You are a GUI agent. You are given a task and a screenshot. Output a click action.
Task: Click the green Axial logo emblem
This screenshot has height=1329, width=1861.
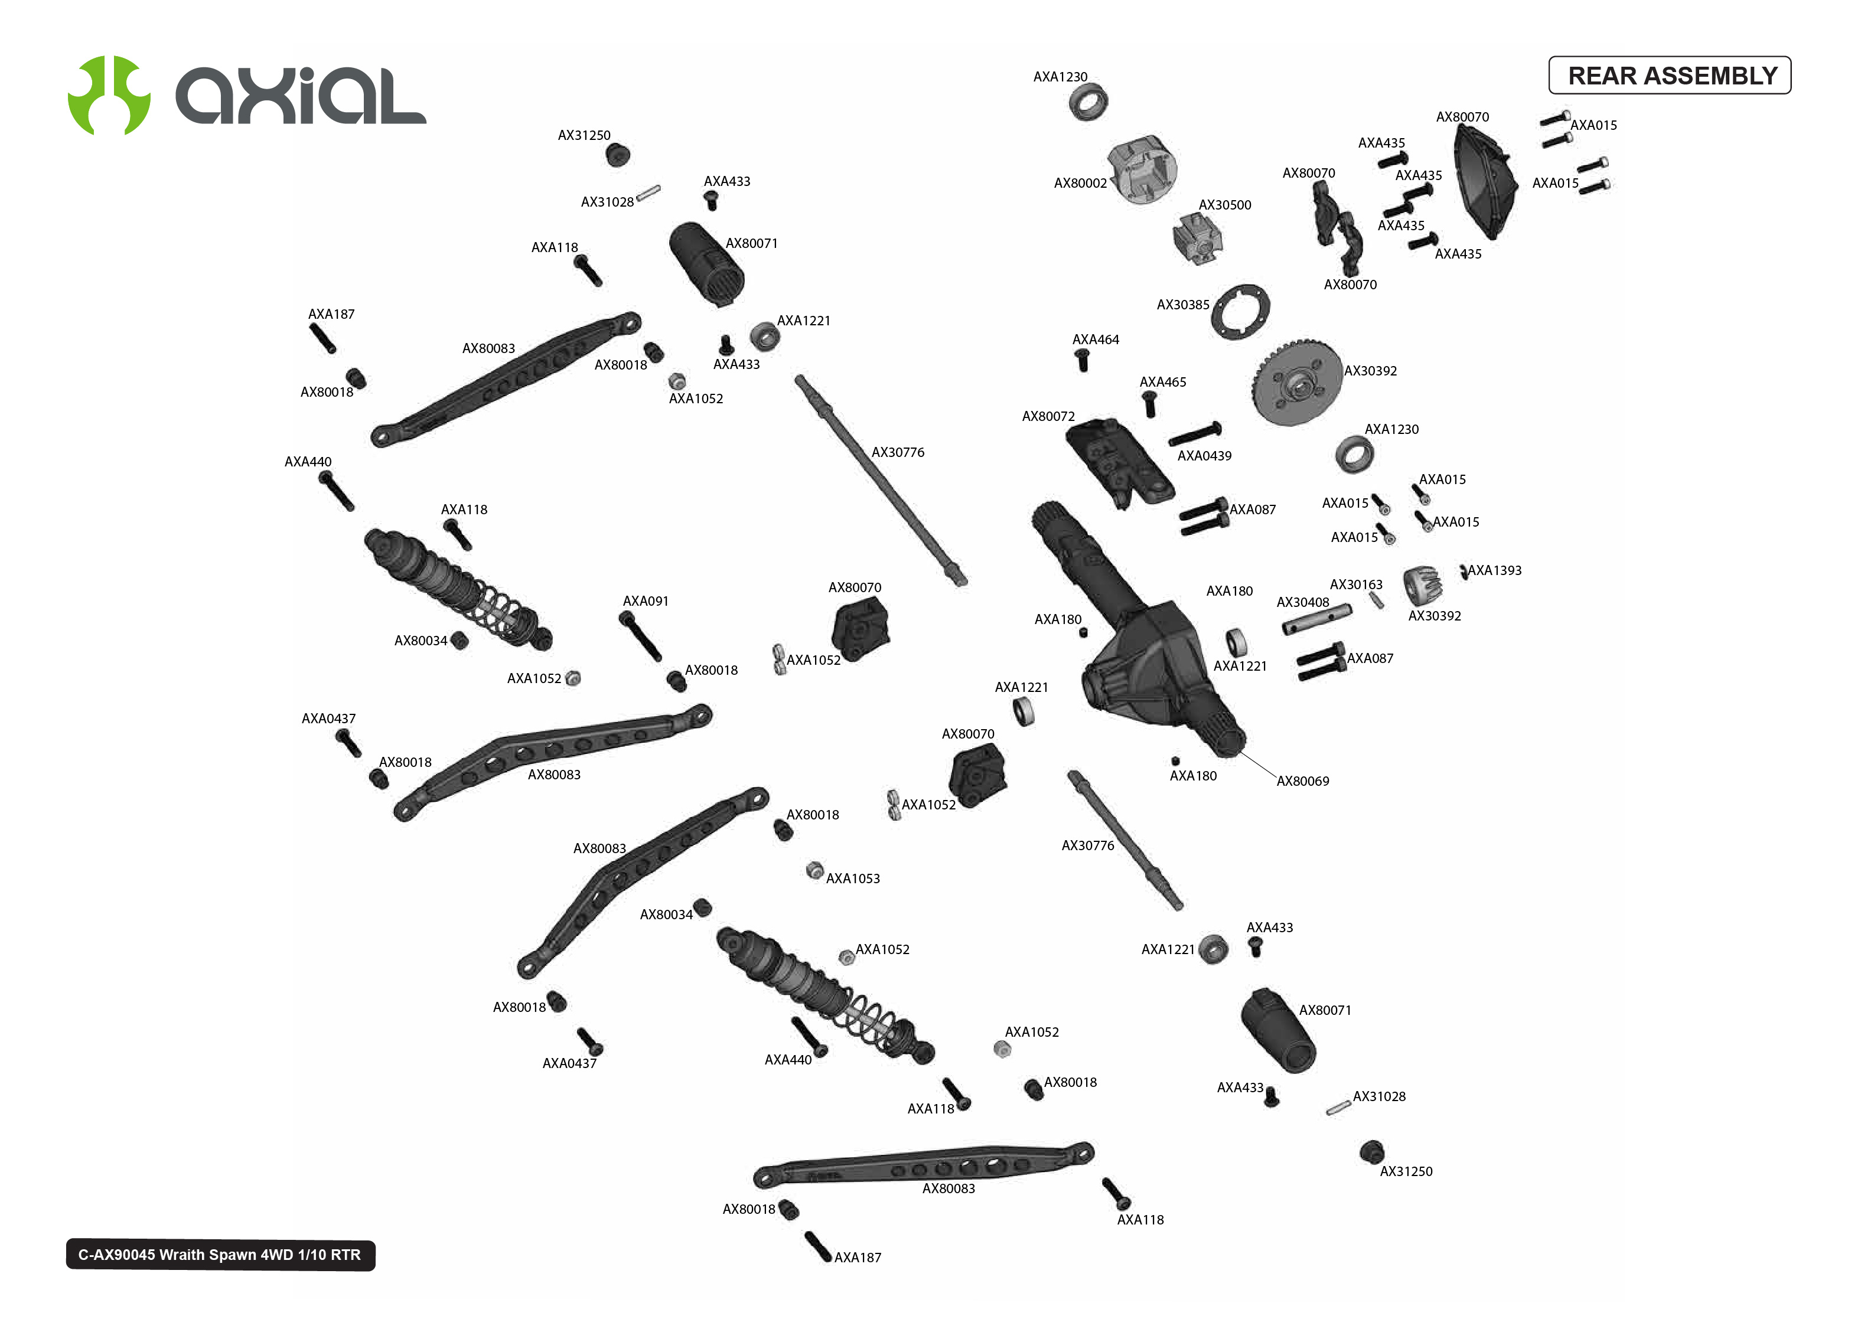click(x=109, y=95)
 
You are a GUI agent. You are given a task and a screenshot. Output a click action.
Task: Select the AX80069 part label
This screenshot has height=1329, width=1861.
click(x=1302, y=781)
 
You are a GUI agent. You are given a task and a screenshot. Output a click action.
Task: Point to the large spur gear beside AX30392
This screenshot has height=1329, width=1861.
click(x=1296, y=382)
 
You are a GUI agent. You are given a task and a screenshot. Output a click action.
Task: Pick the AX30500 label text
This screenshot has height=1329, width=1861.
click(x=1224, y=205)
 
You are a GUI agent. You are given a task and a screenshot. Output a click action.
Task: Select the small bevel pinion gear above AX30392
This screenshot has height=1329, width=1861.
click(x=1422, y=583)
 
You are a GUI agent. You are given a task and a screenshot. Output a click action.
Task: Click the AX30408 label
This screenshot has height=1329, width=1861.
click(x=1302, y=602)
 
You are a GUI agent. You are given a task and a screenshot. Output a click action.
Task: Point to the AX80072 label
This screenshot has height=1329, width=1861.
click(x=1048, y=417)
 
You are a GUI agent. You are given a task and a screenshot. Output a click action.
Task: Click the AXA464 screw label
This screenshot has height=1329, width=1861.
click(x=1095, y=339)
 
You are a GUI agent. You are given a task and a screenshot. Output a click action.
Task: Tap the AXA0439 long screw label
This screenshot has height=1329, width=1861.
click(x=1203, y=456)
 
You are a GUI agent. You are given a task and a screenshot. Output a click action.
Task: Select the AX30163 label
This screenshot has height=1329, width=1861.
click(x=1355, y=585)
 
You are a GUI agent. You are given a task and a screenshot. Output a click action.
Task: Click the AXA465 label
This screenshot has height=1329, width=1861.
click(x=1162, y=382)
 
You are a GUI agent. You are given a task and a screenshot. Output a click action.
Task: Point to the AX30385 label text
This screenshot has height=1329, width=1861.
click(x=1182, y=305)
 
